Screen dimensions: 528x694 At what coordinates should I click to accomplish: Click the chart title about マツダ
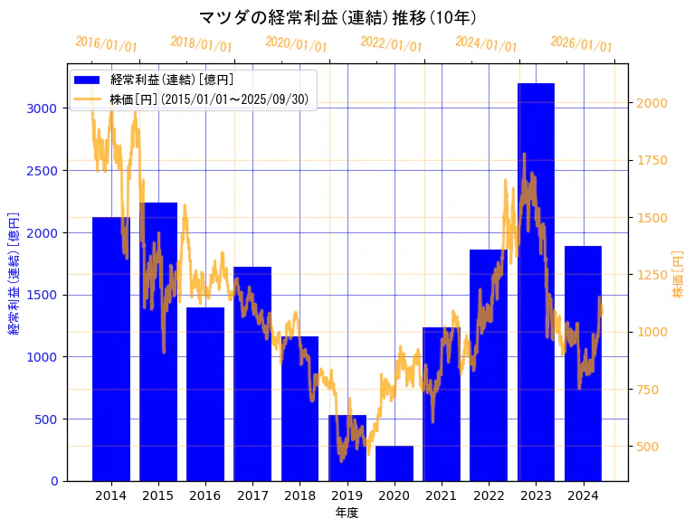(337, 17)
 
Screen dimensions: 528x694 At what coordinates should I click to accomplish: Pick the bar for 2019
(347, 448)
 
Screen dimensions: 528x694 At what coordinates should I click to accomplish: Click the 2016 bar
(205, 394)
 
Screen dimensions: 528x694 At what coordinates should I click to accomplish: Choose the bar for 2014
(111, 349)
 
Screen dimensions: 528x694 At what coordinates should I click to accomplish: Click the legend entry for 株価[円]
(214, 99)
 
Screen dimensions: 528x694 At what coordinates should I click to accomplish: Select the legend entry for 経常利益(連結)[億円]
(172, 80)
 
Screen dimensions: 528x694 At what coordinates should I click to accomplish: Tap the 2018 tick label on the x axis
(299, 495)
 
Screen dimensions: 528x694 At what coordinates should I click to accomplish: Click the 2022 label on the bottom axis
(489, 495)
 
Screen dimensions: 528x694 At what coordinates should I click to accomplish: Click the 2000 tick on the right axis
(651, 103)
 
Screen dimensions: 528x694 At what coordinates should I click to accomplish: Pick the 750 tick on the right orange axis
(648, 390)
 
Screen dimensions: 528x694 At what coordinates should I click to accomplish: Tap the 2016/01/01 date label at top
(106, 44)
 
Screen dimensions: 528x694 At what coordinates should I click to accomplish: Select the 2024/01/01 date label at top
(486, 44)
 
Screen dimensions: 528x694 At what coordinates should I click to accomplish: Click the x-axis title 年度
(347, 513)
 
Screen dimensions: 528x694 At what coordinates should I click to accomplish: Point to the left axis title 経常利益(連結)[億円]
(14, 273)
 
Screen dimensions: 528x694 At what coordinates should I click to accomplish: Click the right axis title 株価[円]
(679, 275)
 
